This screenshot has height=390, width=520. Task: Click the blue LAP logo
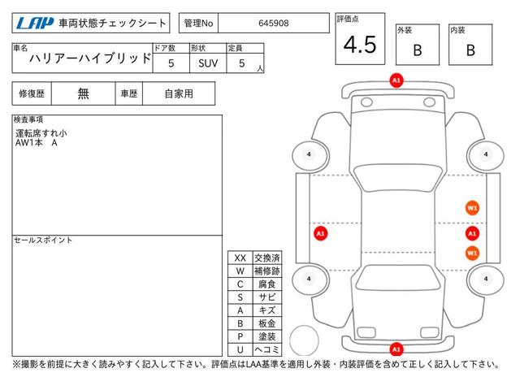pos(34,24)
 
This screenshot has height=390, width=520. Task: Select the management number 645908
pos(274,24)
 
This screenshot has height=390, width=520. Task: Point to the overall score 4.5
pos(360,45)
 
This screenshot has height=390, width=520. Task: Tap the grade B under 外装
pos(418,50)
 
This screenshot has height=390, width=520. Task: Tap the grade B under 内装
pos(470,50)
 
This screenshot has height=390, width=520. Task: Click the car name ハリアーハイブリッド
pos(90,58)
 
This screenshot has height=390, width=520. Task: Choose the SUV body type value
pos(208,63)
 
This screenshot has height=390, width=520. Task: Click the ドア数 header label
pos(164,48)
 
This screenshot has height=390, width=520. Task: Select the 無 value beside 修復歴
pos(83,94)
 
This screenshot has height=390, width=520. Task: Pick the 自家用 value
pos(179,94)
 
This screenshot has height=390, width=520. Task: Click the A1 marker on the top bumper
pos(396,80)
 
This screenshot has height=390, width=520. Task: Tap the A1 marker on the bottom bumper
pos(396,349)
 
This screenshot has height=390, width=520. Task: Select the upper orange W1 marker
pos(472,208)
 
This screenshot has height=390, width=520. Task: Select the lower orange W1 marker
pos(472,253)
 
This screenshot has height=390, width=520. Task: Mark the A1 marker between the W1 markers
pos(472,233)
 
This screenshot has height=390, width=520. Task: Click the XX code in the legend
pos(240,258)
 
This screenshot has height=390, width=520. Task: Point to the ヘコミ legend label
pos(267,349)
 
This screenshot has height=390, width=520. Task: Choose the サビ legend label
pos(267,297)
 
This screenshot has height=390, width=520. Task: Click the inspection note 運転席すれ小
pos(41,133)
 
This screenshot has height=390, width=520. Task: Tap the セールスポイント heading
pos(43,240)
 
